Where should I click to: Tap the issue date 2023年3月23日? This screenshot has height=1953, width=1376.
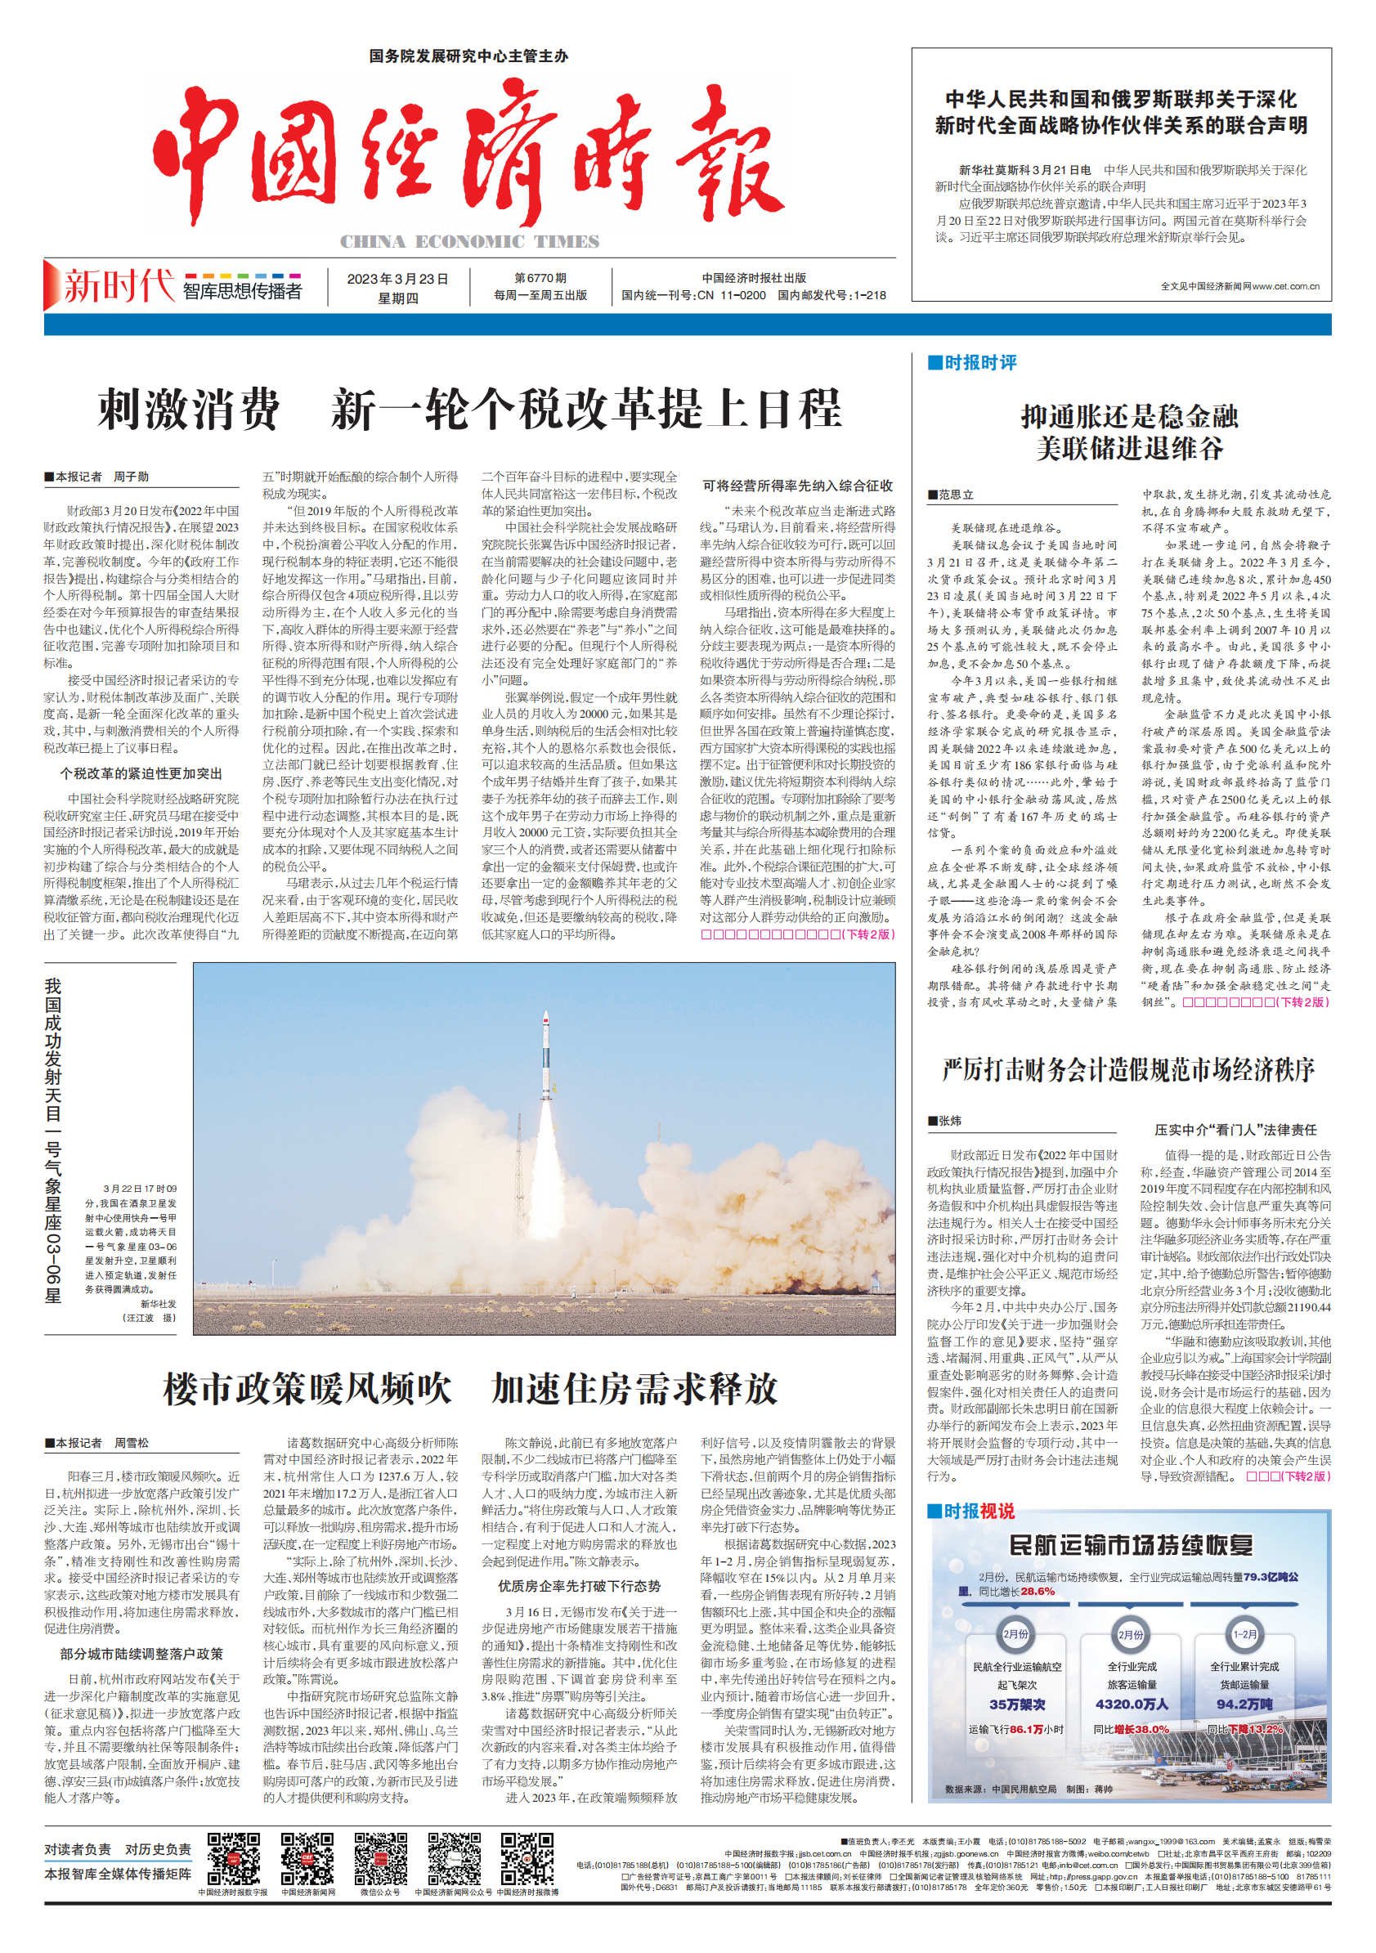397,279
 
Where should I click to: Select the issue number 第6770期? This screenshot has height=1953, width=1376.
540,278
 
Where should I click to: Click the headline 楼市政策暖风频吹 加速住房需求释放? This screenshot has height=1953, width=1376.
470,1388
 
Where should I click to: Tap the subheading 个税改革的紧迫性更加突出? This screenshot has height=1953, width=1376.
141,773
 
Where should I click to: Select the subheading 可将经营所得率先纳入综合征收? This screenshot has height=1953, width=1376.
797,486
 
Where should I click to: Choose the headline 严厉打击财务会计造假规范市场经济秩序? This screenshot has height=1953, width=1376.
1128,1069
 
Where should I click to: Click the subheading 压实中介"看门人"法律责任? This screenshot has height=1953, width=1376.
1235,1130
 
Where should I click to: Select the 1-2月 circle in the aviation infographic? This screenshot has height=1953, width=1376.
1244,1634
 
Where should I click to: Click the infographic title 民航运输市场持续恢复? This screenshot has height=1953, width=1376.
1130,1545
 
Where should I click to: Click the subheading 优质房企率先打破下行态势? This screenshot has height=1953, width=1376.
579,1586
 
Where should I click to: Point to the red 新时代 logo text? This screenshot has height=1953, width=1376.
119,286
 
